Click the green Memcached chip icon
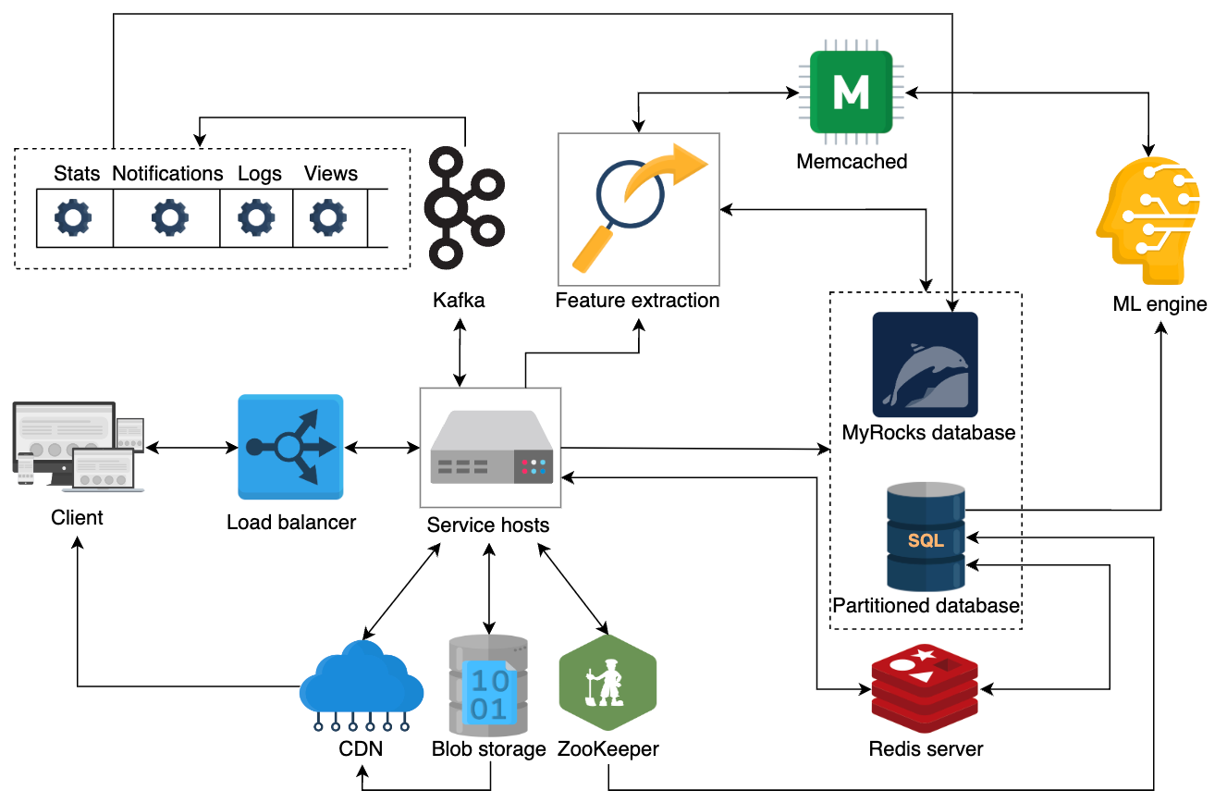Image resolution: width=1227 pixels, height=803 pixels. [x=851, y=92]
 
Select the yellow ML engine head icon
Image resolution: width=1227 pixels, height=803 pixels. [x=1148, y=220]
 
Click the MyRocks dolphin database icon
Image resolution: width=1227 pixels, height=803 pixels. [x=926, y=364]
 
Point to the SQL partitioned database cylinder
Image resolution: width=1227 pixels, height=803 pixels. [x=926, y=537]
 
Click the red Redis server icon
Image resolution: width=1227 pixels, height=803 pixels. [x=925, y=688]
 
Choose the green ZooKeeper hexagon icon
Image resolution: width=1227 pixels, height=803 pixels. [x=607, y=683]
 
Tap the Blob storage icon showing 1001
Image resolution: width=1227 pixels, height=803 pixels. [x=488, y=686]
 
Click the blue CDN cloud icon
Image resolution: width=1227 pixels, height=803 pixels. [x=362, y=686]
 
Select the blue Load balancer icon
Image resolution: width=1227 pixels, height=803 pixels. [x=290, y=447]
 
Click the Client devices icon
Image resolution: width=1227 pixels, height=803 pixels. [x=79, y=446]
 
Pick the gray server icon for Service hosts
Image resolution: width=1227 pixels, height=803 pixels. [x=491, y=447]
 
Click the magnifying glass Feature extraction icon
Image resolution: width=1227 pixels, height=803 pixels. [x=639, y=209]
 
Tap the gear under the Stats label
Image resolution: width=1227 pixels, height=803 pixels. [x=73, y=217]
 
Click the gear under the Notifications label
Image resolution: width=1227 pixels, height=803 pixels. [x=170, y=217]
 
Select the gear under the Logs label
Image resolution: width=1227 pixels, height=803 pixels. [x=256, y=217]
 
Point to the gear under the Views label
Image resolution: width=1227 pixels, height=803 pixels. [x=328, y=217]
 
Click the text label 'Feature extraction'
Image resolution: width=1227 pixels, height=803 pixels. [x=637, y=301]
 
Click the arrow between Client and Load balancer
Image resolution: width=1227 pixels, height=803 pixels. [x=191, y=448]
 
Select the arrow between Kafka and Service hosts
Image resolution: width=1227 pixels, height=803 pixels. [x=460, y=352]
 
